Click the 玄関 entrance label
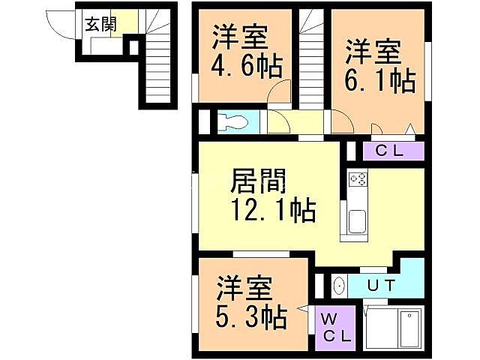pyautogui.click(x=100, y=23)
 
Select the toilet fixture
pyautogui.click(x=234, y=121)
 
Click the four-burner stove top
pyautogui.click(x=358, y=180)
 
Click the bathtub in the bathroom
pyautogui.click(x=409, y=328)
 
